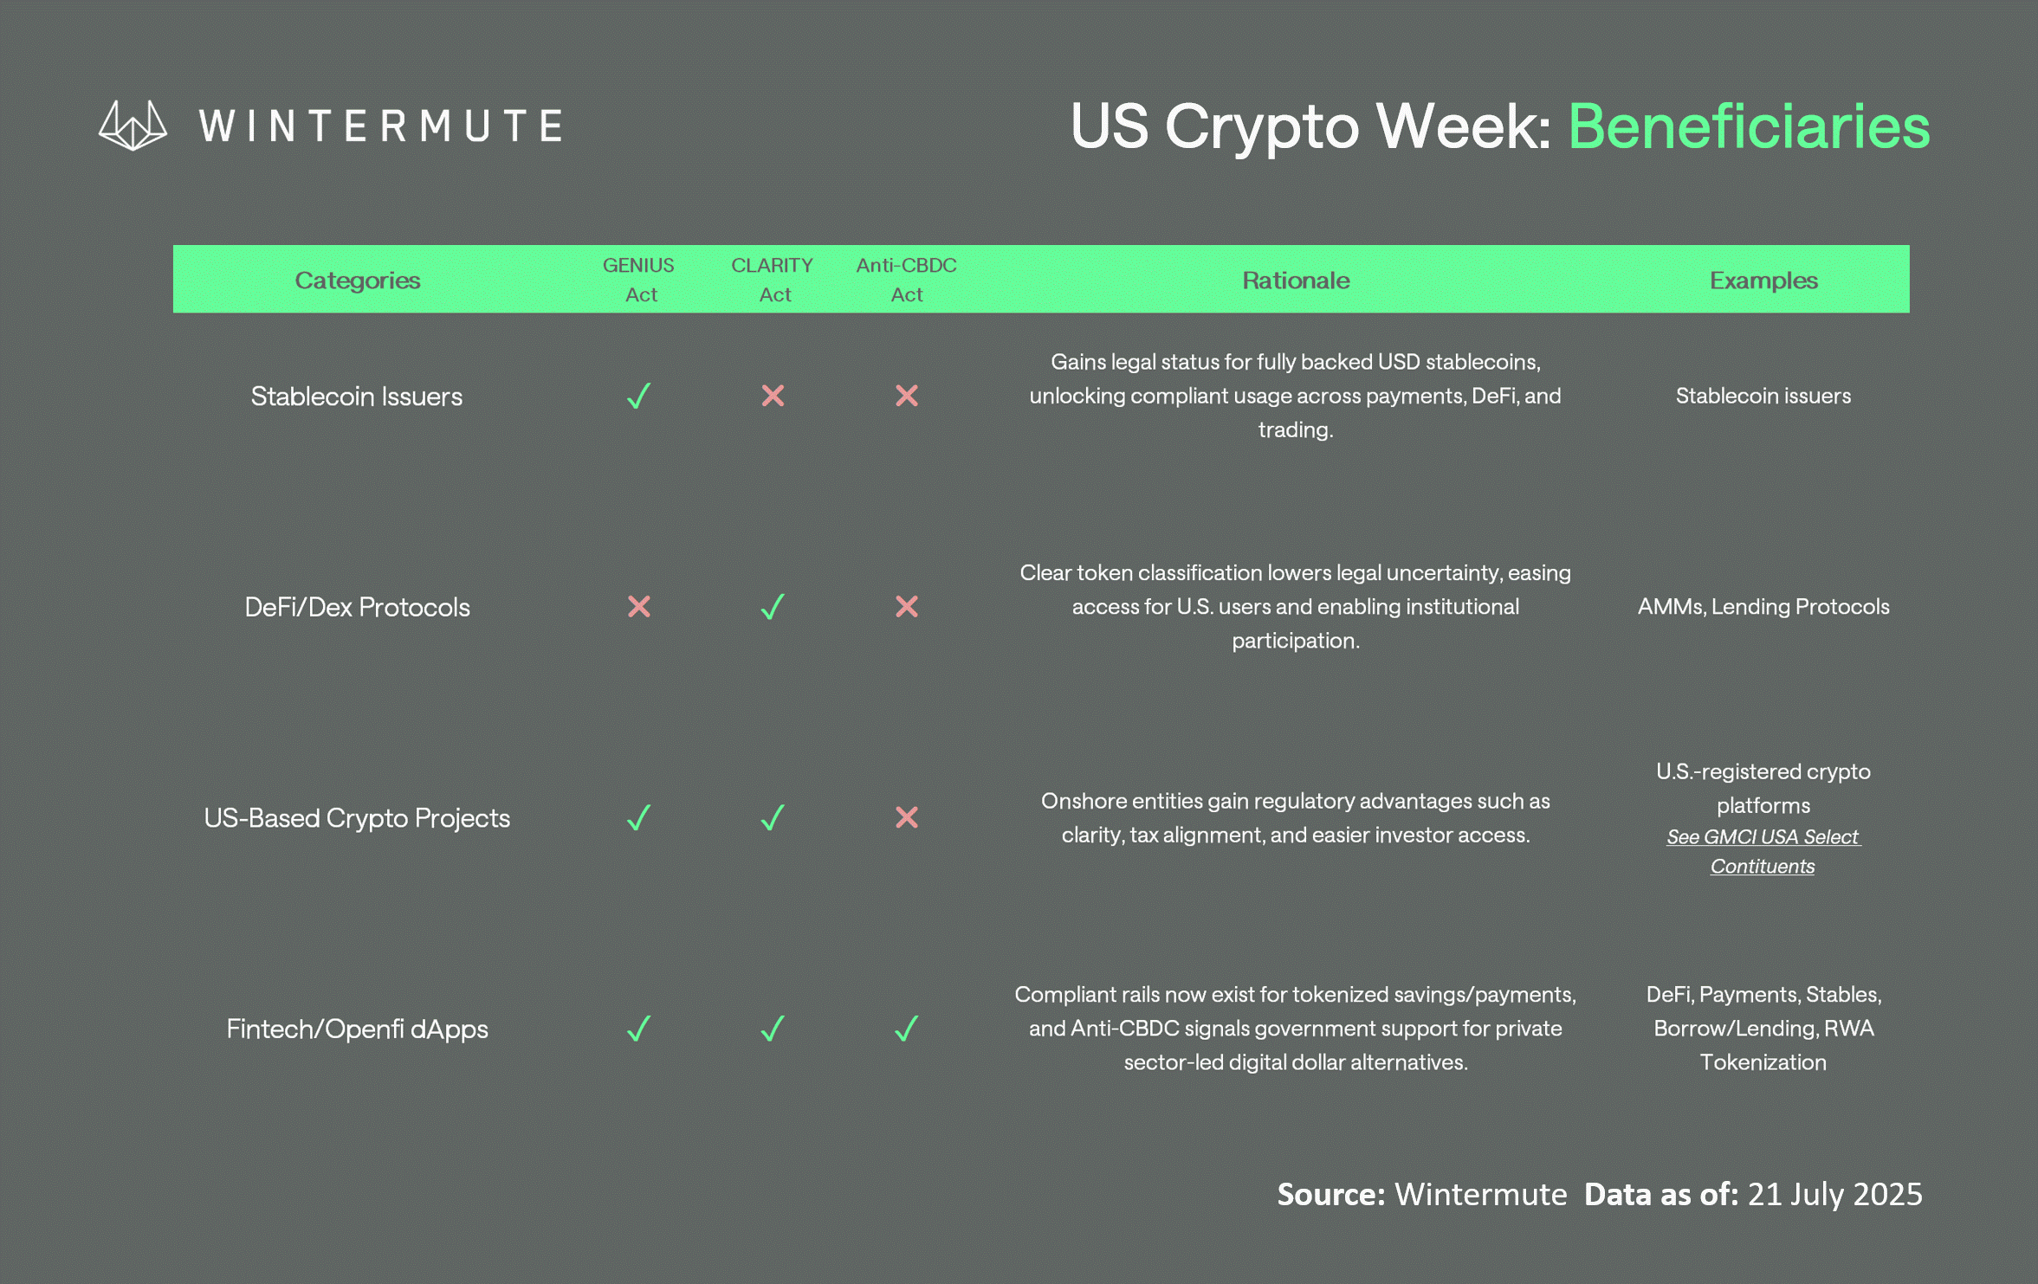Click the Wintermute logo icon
(x=133, y=126)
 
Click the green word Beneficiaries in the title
(x=1749, y=126)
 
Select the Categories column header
(x=357, y=281)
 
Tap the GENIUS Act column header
(x=639, y=280)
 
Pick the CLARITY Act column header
(x=773, y=280)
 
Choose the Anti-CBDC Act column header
(x=907, y=280)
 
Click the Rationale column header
(x=1296, y=281)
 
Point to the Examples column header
(x=1763, y=281)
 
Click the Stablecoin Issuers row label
(x=357, y=397)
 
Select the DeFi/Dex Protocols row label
(x=357, y=607)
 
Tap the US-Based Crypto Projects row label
(x=357, y=818)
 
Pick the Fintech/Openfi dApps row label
(x=357, y=1029)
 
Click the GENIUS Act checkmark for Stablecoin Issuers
(x=639, y=396)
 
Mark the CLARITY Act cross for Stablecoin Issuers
(x=773, y=396)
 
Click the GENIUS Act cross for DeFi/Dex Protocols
(x=639, y=606)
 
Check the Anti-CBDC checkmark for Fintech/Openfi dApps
(x=906, y=1029)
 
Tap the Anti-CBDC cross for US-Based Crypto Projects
(x=907, y=817)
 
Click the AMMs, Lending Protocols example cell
(x=1763, y=607)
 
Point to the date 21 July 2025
(x=1834, y=1194)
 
